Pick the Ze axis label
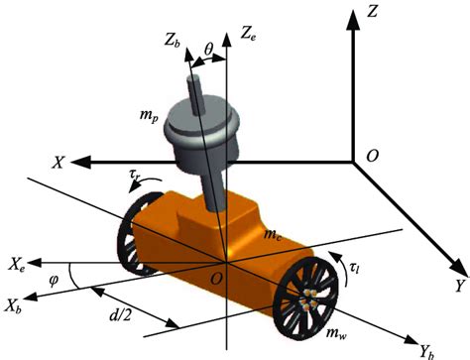[249, 33]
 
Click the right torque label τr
[136, 178]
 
